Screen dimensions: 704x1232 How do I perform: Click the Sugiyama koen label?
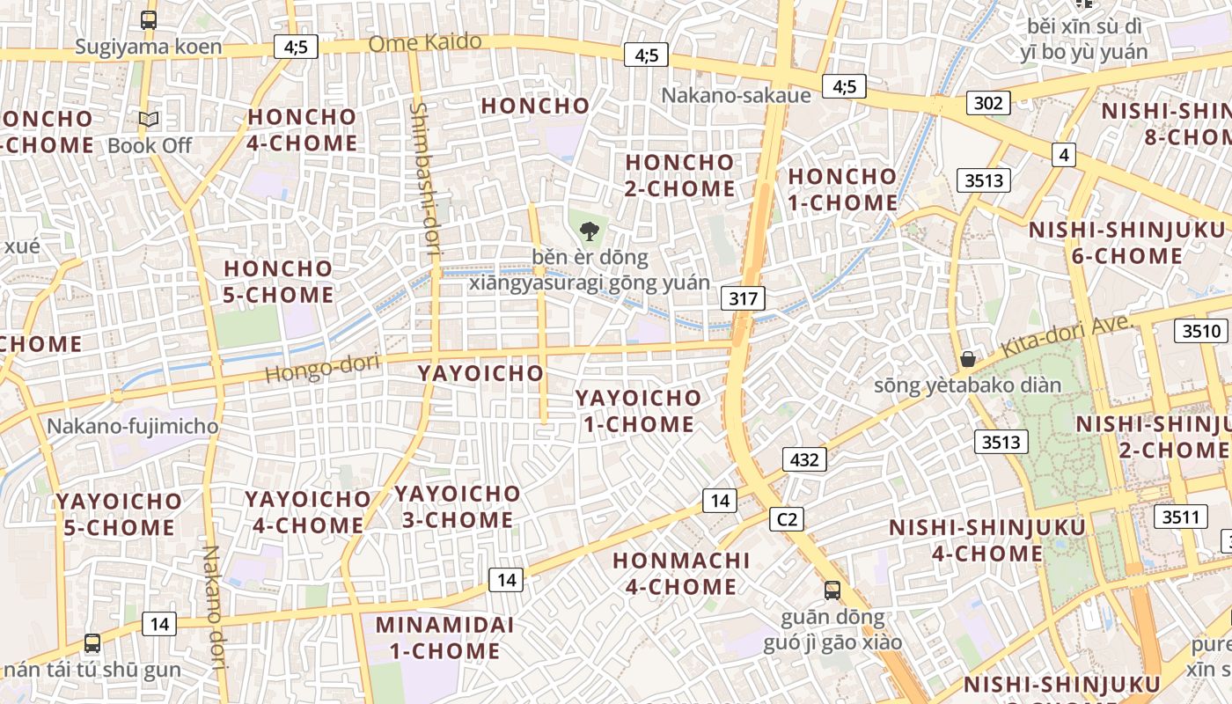[x=148, y=47]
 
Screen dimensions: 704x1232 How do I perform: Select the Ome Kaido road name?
[x=425, y=42]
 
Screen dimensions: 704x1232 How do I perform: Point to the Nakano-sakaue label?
[x=736, y=95]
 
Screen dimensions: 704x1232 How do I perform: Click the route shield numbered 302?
[x=987, y=103]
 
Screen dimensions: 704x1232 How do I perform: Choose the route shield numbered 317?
[x=743, y=298]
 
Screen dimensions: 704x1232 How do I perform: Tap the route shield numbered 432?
[x=804, y=458]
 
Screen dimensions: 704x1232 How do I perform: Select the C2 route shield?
[x=787, y=519]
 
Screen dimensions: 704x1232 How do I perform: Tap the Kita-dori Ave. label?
[x=1066, y=335]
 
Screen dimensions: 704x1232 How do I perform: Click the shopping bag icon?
[x=968, y=359]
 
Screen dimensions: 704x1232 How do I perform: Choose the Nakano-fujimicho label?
[x=132, y=427]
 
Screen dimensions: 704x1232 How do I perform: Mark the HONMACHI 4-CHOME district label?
[x=680, y=573]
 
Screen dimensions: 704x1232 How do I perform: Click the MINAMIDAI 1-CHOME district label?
[x=437, y=638]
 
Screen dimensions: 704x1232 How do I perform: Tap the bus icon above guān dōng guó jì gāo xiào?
[x=832, y=590]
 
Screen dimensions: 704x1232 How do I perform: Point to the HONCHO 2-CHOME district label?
[x=679, y=175]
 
